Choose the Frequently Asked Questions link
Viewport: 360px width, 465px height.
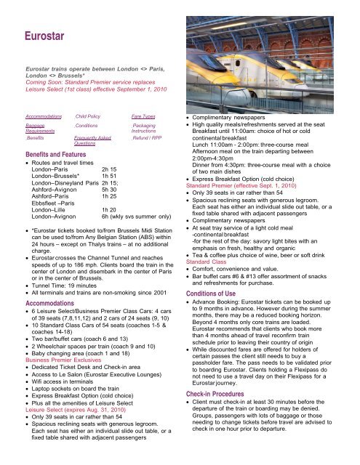pyautogui.click(x=91, y=139)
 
